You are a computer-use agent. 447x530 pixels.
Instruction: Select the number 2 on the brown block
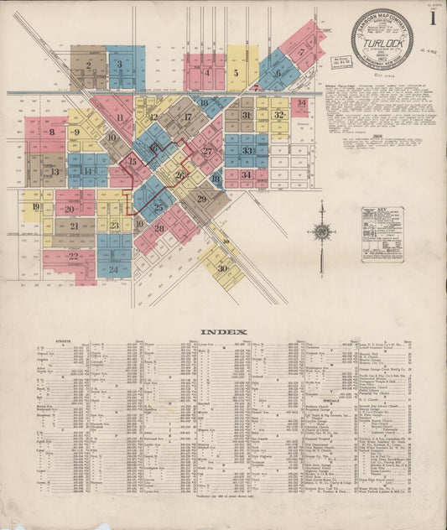[87, 65]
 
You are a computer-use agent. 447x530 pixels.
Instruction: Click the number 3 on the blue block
[121, 64]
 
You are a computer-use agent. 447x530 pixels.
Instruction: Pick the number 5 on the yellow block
[237, 74]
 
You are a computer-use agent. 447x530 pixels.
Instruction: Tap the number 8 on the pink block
[52, 132]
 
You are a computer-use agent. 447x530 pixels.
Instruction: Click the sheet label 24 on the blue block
[113, 270]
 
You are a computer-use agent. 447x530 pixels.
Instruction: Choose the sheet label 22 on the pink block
[73, 257]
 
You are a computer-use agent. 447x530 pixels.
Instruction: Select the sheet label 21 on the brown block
[74, 226]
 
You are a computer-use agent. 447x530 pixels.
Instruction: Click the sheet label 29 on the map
[201, 199]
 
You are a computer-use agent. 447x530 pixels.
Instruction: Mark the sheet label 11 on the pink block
[120, 118]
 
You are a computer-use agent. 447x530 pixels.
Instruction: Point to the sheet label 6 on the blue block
[277, 74]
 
